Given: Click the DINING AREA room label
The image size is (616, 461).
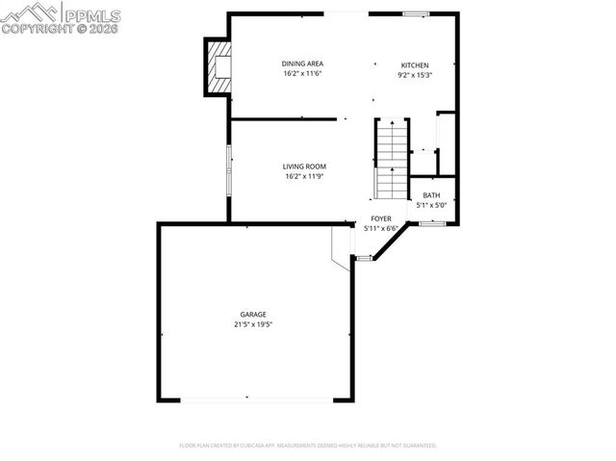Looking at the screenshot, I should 301,64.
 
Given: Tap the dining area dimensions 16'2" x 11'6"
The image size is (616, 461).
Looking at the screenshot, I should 301,73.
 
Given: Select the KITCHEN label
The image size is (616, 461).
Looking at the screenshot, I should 415,65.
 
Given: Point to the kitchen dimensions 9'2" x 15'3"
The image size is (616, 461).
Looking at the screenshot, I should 415,75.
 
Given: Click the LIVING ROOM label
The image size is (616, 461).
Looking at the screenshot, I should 304,166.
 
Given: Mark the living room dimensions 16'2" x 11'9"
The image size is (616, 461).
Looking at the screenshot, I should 304,176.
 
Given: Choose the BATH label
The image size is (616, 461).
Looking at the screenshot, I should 430,195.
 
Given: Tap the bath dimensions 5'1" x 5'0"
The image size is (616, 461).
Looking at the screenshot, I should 430,204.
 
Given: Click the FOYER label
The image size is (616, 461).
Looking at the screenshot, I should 382,219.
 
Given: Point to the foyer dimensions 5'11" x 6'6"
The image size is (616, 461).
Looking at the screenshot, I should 382,228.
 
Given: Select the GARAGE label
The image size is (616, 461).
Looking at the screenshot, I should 253,315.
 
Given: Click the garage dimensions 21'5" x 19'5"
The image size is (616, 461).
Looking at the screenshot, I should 253,324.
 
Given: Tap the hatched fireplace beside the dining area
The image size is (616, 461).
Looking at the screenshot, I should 218,66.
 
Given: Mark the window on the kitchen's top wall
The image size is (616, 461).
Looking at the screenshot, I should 415,13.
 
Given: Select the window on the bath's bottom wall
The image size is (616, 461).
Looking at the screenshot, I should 430,223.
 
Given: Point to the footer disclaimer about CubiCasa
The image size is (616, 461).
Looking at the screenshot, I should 308,446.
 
